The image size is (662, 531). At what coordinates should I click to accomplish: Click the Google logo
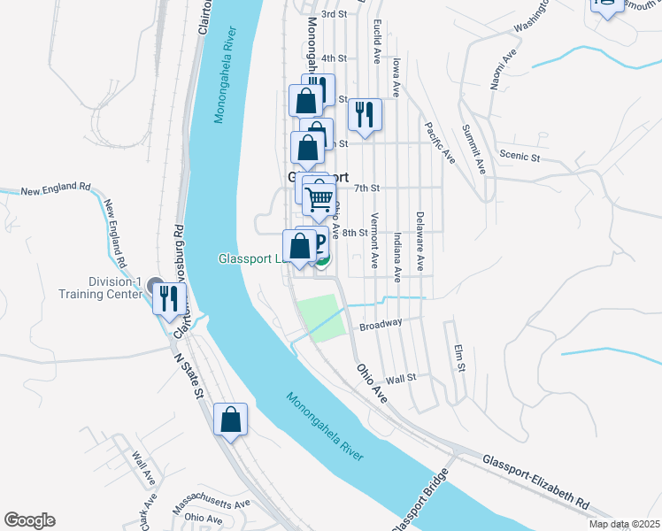(x=29, y=520)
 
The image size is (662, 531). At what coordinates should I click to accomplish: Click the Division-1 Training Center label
(x=100, y=289)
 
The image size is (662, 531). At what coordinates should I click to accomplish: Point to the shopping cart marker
(x=319, y=198)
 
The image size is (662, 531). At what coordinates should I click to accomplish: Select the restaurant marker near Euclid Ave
(x=365, y=113)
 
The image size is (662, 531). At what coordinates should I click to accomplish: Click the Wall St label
(x=401, y=378)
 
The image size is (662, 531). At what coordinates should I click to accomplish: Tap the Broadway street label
(x=381, y=323)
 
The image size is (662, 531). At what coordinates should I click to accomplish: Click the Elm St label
(x=458, y=358)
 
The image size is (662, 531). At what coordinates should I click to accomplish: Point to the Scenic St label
(x=520, y=157)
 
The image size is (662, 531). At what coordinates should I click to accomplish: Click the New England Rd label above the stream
(x=56, y=189)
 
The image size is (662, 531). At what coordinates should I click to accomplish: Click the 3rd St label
(x=333, y=14)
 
